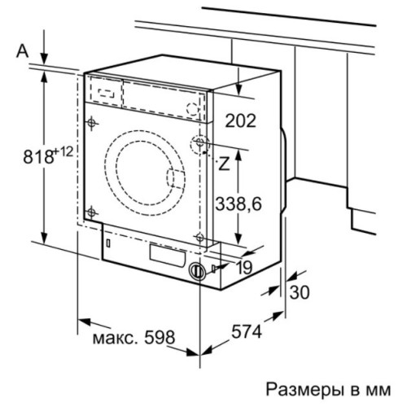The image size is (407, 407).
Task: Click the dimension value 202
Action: coord(240,120)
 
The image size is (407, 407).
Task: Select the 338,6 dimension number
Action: coord(239,204)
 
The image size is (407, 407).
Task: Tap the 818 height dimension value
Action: coord(38,156)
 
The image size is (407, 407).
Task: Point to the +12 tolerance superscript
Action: coord(63,152)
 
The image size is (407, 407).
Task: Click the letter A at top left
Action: coord(22,51)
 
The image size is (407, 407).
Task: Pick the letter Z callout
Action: coord(224,164)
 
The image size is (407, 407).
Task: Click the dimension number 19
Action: coord(244,268)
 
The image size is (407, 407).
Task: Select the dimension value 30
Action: coord(300,292)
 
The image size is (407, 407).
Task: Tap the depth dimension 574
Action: coord(247,331)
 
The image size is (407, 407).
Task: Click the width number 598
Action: coord(160,337)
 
